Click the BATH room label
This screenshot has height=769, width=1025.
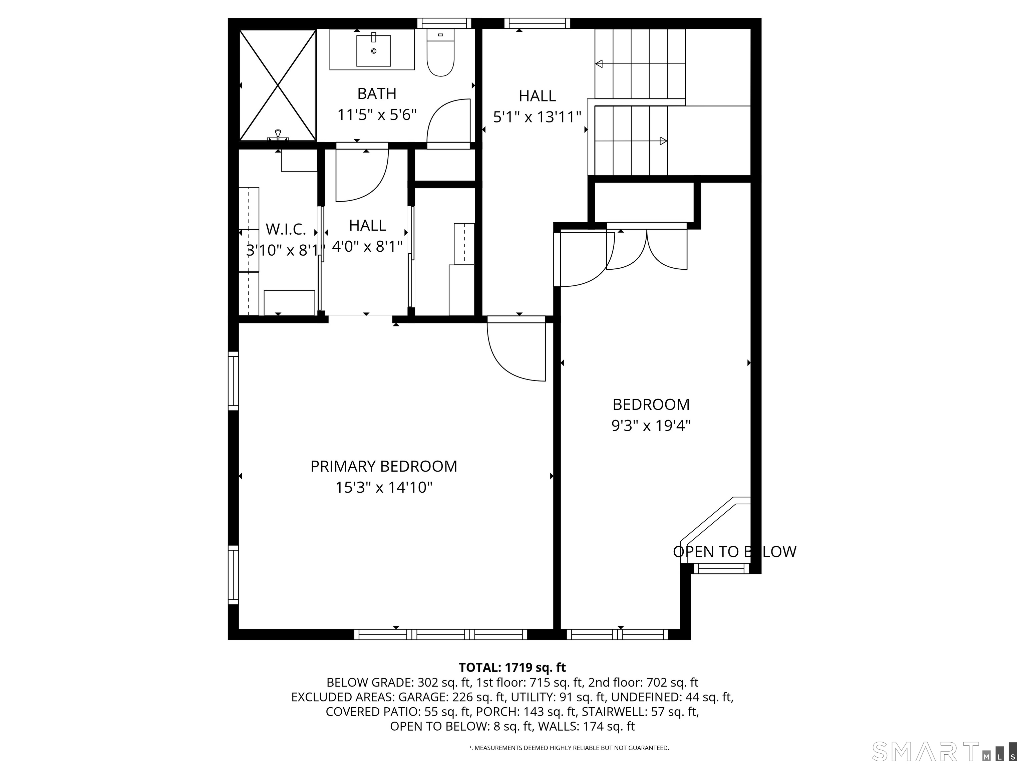tap(377, 94)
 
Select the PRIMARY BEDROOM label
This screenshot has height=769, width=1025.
tap(384, 466)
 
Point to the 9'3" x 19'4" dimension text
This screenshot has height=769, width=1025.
tap(651, 426)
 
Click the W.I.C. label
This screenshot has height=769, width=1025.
tap(286, 229)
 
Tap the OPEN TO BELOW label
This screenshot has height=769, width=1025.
tap(734, 552)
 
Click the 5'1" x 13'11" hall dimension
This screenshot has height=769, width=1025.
tap(537, 117)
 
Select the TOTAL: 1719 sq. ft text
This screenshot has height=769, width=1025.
tap(512, 668)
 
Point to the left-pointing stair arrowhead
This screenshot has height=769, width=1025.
tap(599, 64)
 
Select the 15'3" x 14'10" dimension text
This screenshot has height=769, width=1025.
tap(384, 488)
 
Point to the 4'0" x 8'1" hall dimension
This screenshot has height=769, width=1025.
tap(367, 247)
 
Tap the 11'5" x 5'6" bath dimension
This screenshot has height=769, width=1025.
tap(377, 115)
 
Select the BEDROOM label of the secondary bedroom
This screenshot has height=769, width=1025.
tap(651, 405)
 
